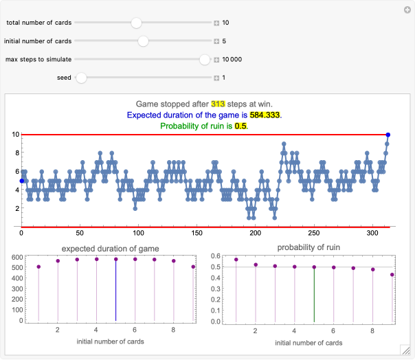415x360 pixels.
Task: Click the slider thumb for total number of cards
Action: point(136,23)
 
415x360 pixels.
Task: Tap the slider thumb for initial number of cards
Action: point(143,41)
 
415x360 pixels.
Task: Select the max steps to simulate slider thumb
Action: point(205,60)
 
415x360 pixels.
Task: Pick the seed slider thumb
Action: point(81,78)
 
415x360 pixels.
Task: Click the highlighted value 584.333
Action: point(265,115)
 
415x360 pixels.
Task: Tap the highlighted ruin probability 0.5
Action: point(240,126)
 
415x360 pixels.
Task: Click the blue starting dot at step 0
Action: point(22,181)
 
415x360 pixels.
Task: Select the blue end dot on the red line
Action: point(388,135)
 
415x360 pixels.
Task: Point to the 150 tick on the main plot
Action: point(197,233)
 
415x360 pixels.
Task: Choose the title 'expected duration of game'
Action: point(111,248)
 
